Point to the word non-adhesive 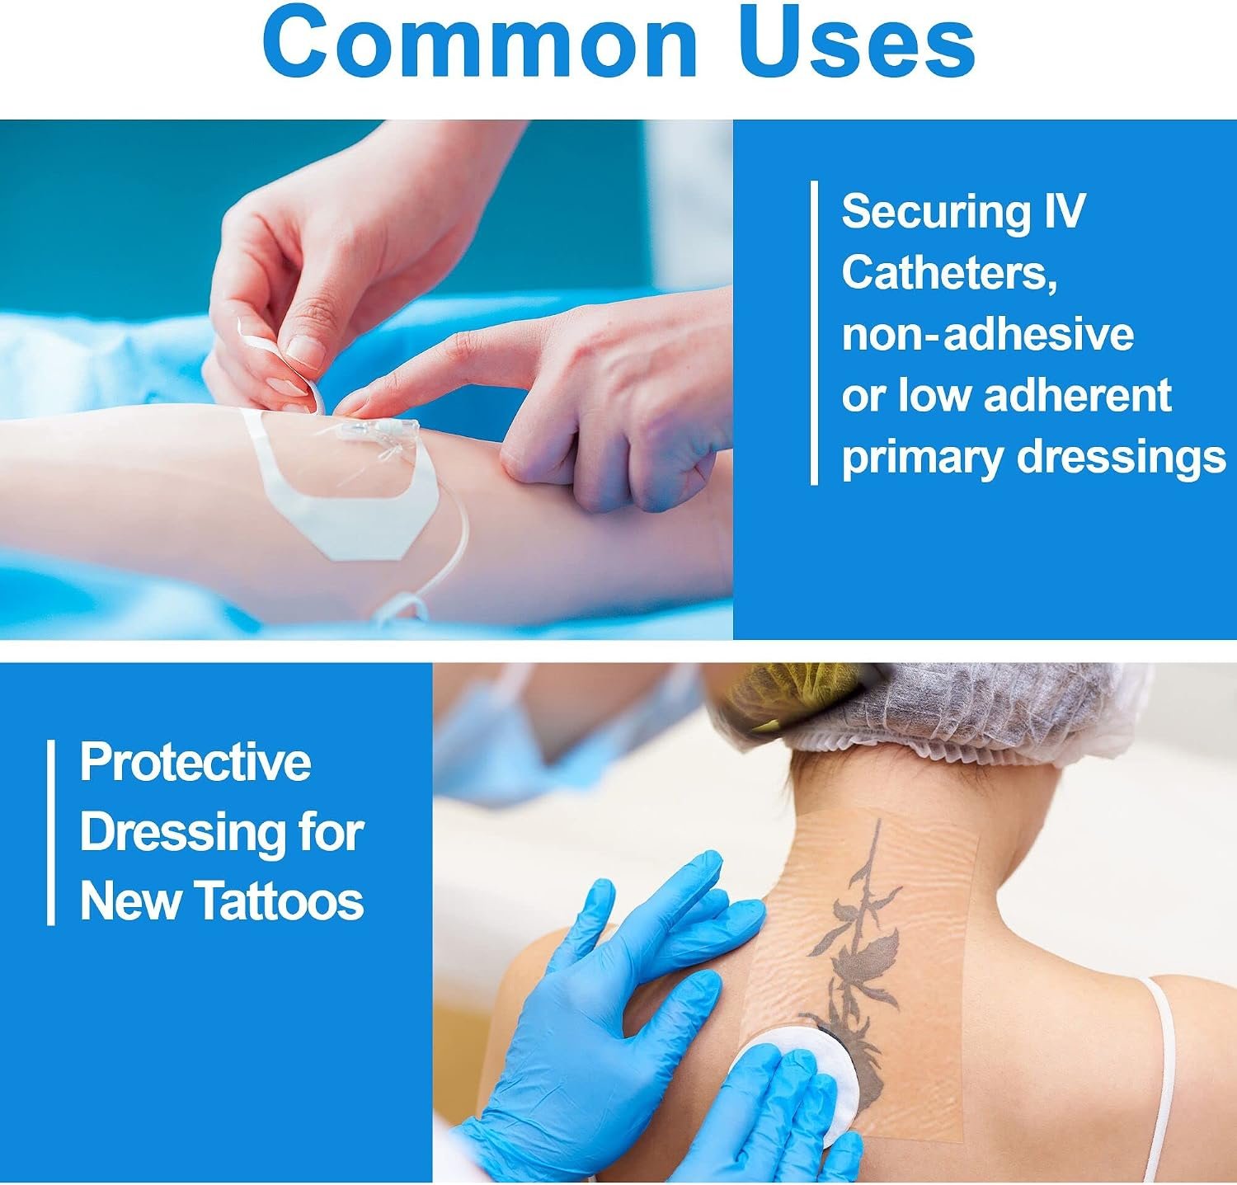click(988, 334)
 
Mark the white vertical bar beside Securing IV click(815, 332)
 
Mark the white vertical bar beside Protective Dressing click(51, 832)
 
